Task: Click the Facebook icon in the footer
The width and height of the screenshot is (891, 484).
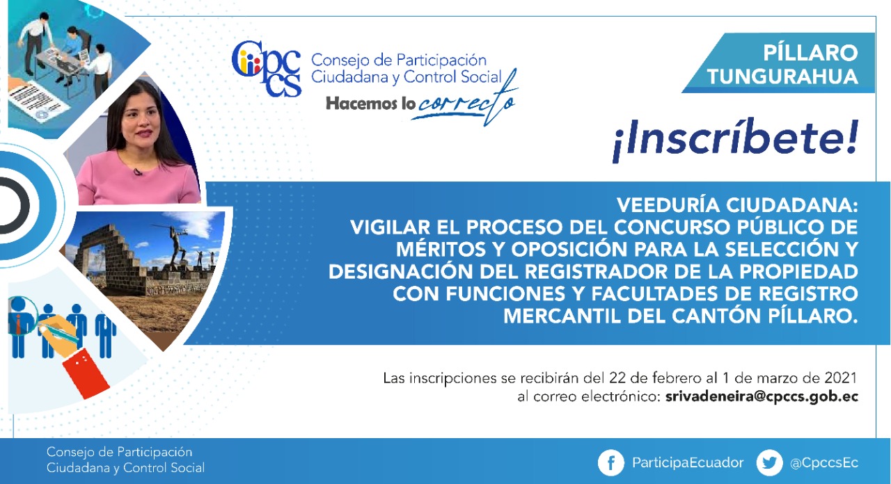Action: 611,462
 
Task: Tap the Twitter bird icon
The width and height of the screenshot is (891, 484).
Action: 769,462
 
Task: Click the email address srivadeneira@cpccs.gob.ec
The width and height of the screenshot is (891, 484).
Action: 762,397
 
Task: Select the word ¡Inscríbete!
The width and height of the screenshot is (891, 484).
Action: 735,139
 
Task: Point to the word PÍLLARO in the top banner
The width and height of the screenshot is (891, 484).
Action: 810,53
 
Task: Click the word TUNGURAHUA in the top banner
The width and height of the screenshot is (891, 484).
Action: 782,76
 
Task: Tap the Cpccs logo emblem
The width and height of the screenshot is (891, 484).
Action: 266,68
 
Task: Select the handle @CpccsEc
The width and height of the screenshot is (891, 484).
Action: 823,463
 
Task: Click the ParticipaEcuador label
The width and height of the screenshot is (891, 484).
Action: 688,463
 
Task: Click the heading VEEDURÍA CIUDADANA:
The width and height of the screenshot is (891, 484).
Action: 737,205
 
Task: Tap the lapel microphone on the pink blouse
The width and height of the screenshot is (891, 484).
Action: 138,172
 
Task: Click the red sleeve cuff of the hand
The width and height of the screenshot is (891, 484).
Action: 86,373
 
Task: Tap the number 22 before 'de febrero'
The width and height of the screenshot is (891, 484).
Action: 617,378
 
